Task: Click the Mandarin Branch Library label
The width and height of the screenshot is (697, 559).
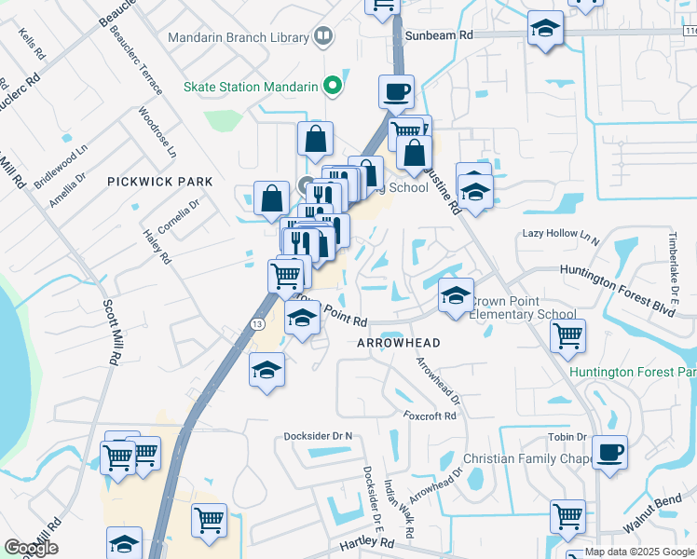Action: (238, 38)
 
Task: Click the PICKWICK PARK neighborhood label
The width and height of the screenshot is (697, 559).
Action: (159, 181)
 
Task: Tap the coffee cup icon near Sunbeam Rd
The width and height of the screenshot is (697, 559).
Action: (396, 92)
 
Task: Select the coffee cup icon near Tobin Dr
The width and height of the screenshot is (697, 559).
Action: (609, 453)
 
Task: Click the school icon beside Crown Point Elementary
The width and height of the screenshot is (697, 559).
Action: (456, 296)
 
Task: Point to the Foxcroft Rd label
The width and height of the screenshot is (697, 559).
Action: (430, 416)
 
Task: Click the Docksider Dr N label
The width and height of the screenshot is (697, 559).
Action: (321, 436)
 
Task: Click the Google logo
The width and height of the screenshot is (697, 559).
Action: (31, 548)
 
